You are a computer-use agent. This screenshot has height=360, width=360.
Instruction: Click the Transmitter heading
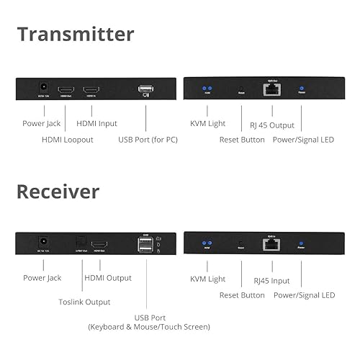coord(76,34)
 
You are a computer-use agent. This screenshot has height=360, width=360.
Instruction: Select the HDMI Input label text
coord(98,124)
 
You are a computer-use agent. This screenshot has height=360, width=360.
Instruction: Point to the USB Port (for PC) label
coord(148,139)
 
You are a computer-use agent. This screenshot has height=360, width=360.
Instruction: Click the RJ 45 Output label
coord(271,124)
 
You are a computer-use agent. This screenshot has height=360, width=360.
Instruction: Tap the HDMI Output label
coord(108,278)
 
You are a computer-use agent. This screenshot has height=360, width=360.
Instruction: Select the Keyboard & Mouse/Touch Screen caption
coord(149,327)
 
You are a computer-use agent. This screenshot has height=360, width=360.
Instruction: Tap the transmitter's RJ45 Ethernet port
coord(273,89)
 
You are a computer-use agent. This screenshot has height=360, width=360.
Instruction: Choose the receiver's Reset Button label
coord(242,294)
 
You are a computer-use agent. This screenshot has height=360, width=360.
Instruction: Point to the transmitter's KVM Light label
coord(207,124)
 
